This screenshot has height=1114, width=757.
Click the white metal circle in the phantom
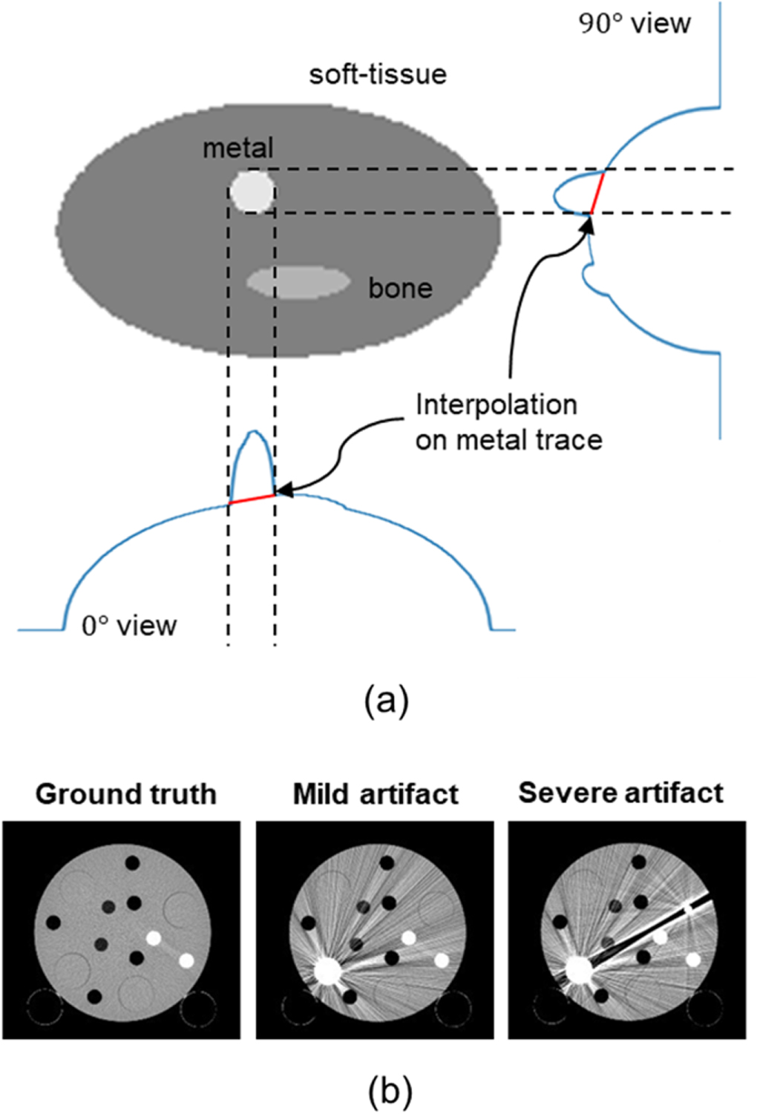click(x=252, y=191)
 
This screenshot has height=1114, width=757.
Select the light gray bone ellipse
click(x=298, y=282)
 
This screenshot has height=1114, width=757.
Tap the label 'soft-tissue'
click(x=378, y=74)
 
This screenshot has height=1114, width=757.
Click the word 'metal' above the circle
click(x=237, y=148)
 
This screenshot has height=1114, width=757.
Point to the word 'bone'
click(x=400, y=288)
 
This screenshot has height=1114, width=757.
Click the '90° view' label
click(x=635, y=24)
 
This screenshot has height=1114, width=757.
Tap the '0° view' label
click(x=129, y=626)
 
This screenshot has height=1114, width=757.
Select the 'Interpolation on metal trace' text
click(x=508, y=422)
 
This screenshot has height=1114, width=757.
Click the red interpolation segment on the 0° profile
click(x=252, y=499)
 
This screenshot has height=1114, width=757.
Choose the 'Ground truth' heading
click(x=126, y=794)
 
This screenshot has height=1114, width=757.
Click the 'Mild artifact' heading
click(x=376, y=794)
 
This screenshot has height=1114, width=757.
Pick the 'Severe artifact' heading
click(x=620, y=793)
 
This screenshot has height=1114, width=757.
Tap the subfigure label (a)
click(x=387, y=699)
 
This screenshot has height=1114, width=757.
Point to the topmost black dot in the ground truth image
click(x=132, y=862)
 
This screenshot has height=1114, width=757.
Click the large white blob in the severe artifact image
click(x=578, y=969)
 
